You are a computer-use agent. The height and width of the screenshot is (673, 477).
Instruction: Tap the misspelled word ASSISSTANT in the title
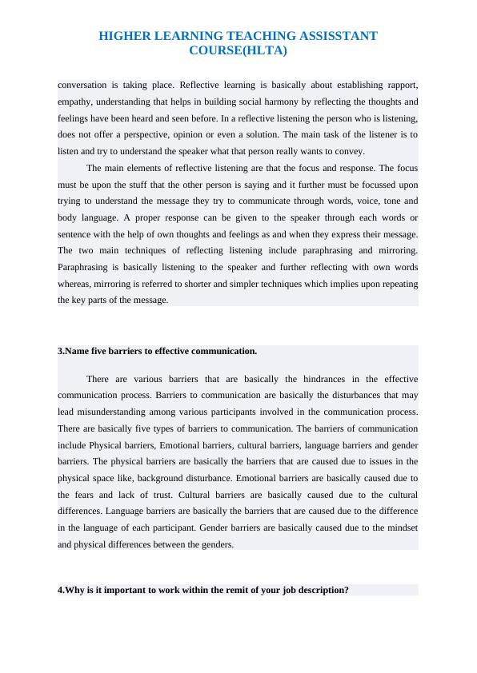331,36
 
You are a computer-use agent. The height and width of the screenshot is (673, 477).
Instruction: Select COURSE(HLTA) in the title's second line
238,50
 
